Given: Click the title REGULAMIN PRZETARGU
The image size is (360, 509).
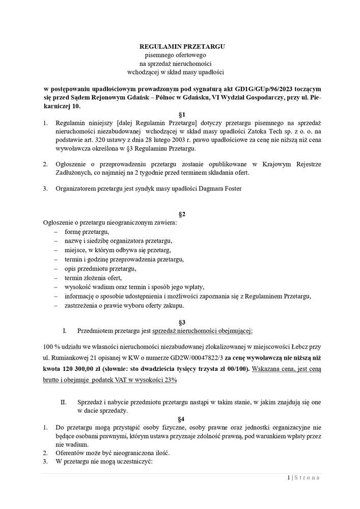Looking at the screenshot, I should pyautogui.click(x=182, y=46).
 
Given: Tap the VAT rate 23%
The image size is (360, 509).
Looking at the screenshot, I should pyautogui.click(x=170, y=380).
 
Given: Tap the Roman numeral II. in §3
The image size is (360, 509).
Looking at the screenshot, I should pyautogui.click(x=64, y=402).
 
